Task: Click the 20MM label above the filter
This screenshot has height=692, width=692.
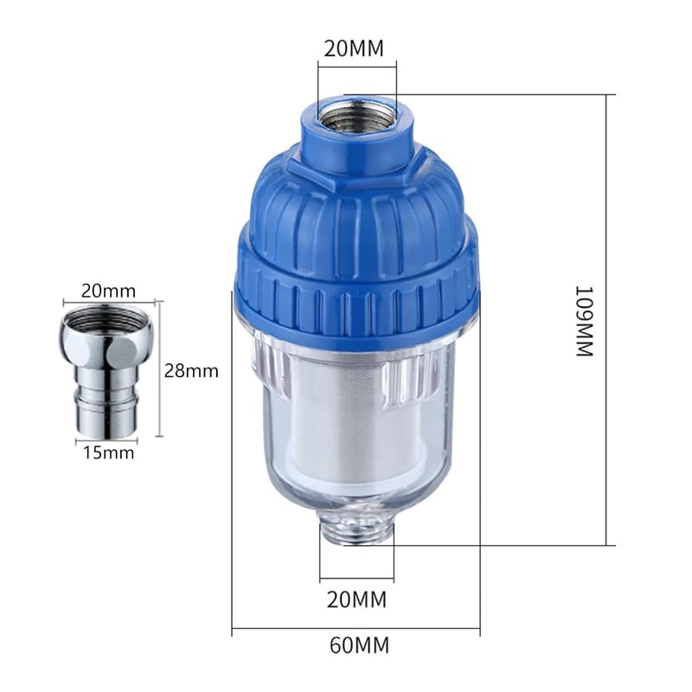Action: pyautogui.click(x=354, y=48)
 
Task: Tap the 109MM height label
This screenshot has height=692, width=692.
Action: pyautogui.click(x=586, y=321)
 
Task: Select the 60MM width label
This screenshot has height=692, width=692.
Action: pyautogui.click(x=360, y=645)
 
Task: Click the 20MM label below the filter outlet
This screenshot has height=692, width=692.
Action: pyautogui.click(x=356, y=599)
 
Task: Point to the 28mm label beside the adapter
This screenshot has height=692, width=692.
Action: pyautogui.click(x=191, y=371)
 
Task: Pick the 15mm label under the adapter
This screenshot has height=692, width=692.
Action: pyautogui.click(x=109, y=452)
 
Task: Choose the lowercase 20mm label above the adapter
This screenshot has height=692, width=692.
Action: pyautogui.click(x=109, y=292)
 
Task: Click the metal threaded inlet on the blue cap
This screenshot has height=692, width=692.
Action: pyautogui.click(x=356, y=118)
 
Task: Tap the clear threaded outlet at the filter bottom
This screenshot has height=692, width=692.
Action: pyautogui.click(x=356, y=531)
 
